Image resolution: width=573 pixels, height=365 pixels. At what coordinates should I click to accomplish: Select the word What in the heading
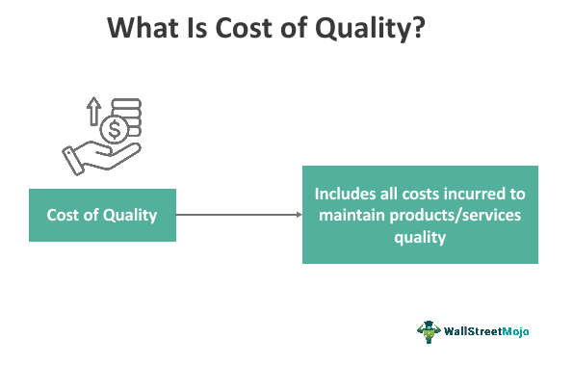(143, 30)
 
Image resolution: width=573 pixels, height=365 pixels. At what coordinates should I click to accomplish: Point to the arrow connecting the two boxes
(240, 215)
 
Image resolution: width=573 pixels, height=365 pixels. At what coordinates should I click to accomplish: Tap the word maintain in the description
(353, 215)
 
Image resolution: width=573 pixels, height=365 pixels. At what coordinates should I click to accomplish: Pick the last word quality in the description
(420, 236)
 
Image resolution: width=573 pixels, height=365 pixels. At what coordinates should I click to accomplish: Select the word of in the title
(293, 30)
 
